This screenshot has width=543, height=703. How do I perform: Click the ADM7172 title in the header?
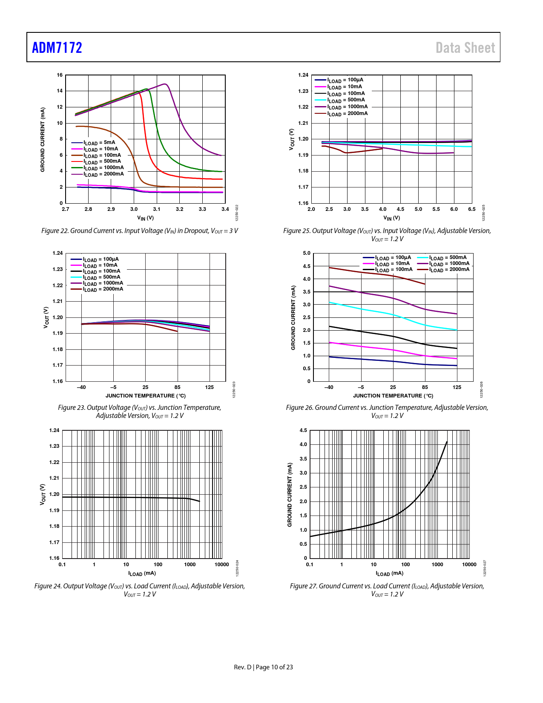coord(57,47)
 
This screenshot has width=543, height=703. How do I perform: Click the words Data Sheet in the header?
coord(465,48)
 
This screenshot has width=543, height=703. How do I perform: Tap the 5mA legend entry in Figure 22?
coord(99,143)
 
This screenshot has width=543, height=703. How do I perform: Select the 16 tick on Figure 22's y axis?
coord(60,75)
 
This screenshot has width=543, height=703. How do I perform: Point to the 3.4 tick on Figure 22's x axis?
coord(225,209)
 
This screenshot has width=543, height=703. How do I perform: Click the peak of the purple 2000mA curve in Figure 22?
coord(165,84)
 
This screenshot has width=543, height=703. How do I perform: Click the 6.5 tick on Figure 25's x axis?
coord(471,209)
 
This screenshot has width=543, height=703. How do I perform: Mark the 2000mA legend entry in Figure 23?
coord(103,289)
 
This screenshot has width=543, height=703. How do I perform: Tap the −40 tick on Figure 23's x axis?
coord(81,387)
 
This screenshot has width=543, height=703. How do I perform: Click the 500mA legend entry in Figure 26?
coord(448,258)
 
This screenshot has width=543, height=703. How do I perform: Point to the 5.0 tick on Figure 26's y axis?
coord(307,253)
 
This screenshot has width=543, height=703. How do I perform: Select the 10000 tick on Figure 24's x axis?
coord(221,565)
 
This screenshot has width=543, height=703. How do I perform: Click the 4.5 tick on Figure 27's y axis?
coord(303,430)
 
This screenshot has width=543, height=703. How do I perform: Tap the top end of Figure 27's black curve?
coord(447,442)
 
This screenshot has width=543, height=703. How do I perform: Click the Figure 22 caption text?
coord(139,231)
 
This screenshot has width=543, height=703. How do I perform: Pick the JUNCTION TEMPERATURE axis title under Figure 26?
coord(393,396)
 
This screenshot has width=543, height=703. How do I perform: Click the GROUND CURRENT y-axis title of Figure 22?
coord(43,140)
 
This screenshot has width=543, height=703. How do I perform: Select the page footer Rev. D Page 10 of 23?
coord(263,667)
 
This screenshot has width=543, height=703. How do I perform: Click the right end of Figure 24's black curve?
coord(199,501)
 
